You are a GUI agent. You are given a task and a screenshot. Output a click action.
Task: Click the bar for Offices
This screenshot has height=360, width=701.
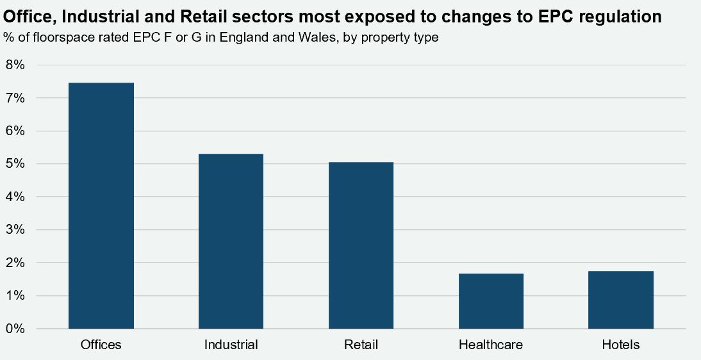click(101, 206)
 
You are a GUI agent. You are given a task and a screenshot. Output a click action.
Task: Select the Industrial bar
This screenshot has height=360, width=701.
click(231, 241)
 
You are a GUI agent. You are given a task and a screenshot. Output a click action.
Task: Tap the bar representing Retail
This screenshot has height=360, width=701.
click(361, 245)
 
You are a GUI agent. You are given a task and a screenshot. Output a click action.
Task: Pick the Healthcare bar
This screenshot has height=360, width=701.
click(491, 301)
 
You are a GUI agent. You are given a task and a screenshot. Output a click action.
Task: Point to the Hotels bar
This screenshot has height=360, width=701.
click(621, 300)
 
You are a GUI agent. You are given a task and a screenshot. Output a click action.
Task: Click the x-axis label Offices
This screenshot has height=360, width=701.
click(101, 345)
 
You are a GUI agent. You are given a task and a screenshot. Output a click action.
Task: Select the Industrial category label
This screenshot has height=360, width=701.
click(231, 345)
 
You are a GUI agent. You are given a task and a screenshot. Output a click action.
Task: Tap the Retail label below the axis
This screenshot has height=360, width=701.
click(361, 345)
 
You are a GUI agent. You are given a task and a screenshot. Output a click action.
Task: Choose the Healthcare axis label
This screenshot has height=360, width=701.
click(491, 345)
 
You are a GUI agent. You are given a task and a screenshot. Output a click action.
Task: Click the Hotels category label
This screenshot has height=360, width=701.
click(621, 345)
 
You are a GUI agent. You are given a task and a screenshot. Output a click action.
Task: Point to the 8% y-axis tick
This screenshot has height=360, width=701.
click(15, 65)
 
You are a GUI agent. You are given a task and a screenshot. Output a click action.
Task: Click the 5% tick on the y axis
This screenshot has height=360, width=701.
click(15, 163)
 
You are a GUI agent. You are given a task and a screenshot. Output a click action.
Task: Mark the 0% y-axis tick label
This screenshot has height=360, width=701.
click(15, 329)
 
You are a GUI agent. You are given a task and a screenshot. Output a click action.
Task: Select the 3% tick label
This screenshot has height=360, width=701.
click(15, 229)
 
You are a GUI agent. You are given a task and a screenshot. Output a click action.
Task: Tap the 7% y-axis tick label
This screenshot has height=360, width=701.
click(15, 98)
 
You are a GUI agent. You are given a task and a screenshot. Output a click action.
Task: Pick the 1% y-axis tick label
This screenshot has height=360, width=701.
click(15, 296)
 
